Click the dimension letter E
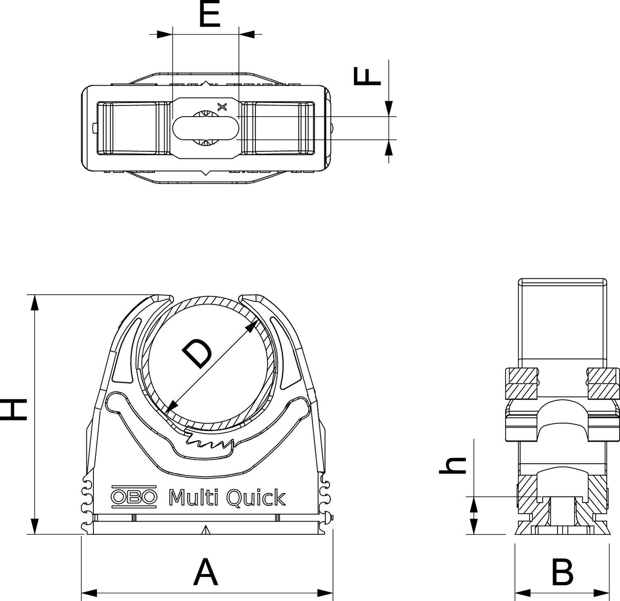click(209, 14)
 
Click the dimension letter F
click(367, 77)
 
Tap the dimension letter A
click(205, 572)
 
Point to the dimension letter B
click(562, 572)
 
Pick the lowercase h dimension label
click(453, 465)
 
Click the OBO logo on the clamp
click(134, 496)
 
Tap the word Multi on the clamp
click(193, 497)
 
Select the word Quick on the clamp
click(256, 498)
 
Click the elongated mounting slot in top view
click(205, 128)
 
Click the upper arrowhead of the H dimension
click(35, 302)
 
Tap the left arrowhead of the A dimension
click(88, 593)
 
